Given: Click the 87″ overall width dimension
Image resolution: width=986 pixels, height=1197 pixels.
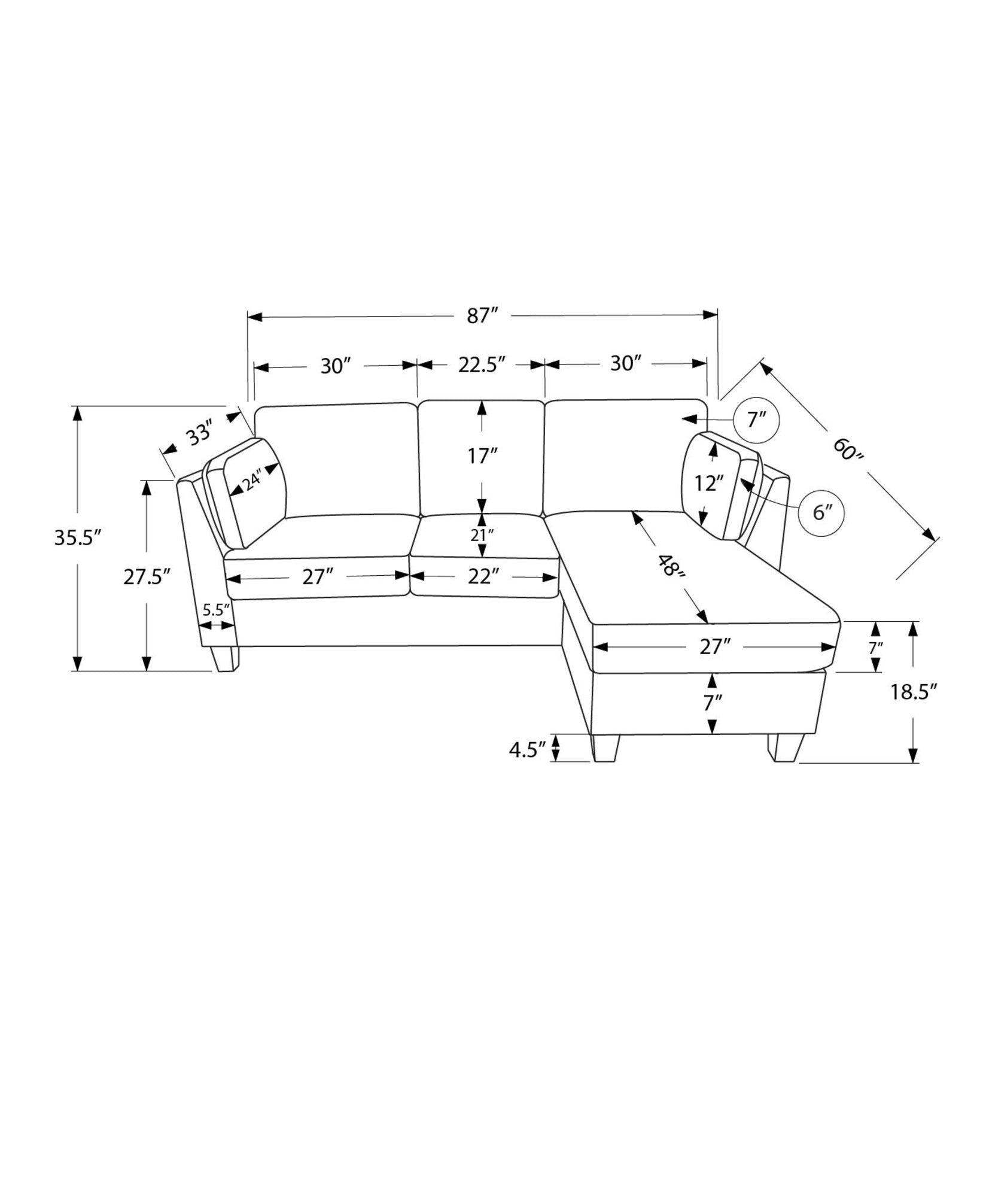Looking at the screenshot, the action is (x=483, y=315).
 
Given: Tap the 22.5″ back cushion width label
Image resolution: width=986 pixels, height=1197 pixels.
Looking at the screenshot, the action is (x=482, y=364).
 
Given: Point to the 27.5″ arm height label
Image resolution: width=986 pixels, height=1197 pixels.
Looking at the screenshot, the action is (x=147, y=577).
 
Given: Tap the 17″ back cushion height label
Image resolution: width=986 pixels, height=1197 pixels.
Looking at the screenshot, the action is (x=482, y=456).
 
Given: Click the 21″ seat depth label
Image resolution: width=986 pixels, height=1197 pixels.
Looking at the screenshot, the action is (x=482, y=534).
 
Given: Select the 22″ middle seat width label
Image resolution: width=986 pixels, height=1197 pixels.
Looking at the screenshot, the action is (x=483, y=577).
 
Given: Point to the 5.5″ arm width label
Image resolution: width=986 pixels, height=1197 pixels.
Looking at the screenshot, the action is (x=217, y=610).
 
